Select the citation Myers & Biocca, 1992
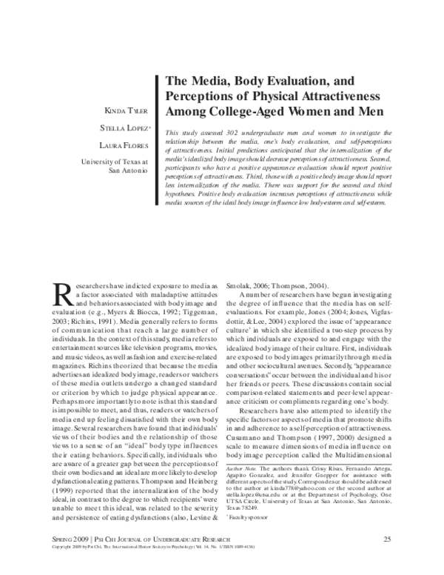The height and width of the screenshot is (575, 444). [127, 313]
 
